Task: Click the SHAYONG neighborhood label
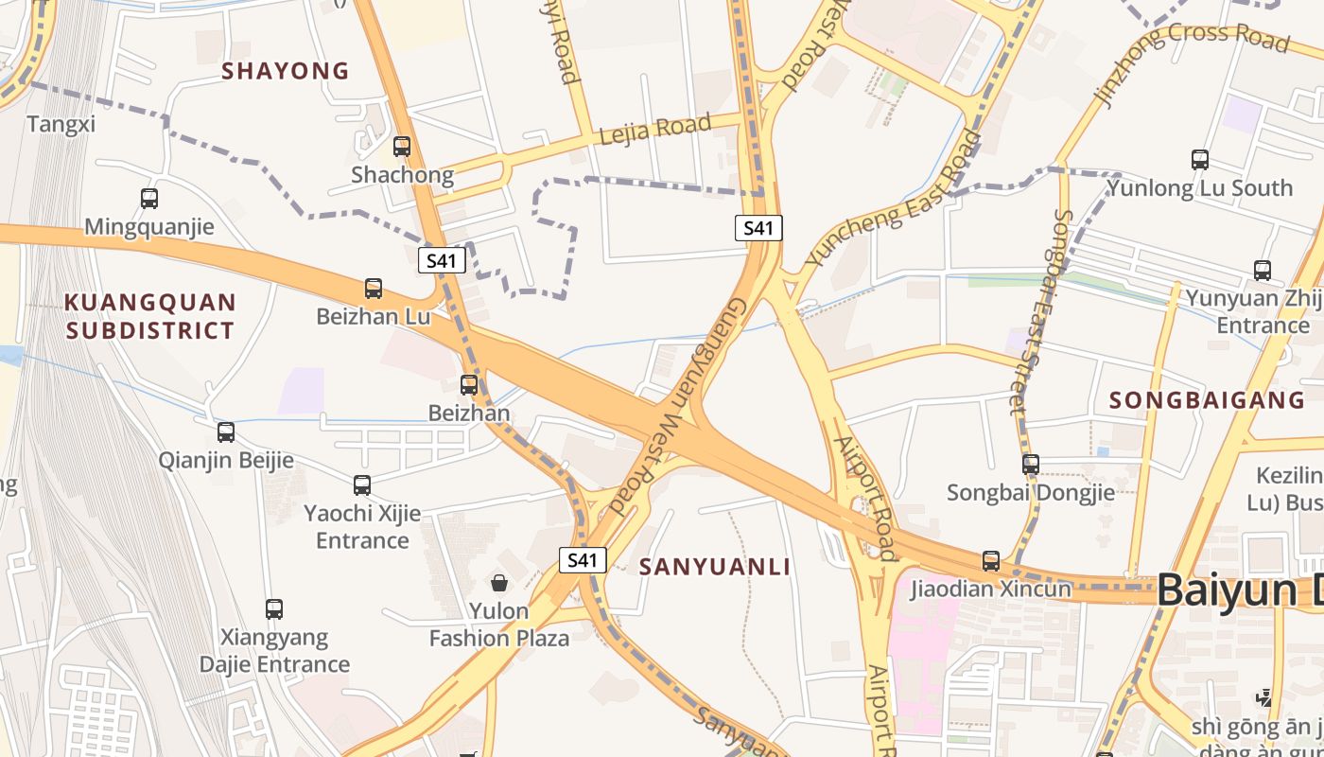click(285, 71)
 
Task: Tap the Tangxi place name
click(61, 124)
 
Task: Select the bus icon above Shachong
click(402, 147)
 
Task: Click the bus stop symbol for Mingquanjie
click(149, 199)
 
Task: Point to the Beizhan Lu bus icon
click(374, 289)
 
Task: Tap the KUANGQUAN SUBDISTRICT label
click(149, 316)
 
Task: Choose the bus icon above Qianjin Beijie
click(226, 432)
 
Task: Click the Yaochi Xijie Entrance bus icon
click(362, 485)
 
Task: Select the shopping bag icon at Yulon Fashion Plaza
click(499, 582)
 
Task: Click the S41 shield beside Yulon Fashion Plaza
click(582, 560)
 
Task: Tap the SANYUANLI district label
click(715, 567)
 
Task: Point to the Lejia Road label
click(654, 130)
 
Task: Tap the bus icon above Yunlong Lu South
click(1200, 160)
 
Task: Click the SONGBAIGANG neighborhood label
click(1207, 400)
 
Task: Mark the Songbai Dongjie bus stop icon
click(1031, 465)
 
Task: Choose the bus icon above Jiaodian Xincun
click(991, 561)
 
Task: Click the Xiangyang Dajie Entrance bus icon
click(274, 609)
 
